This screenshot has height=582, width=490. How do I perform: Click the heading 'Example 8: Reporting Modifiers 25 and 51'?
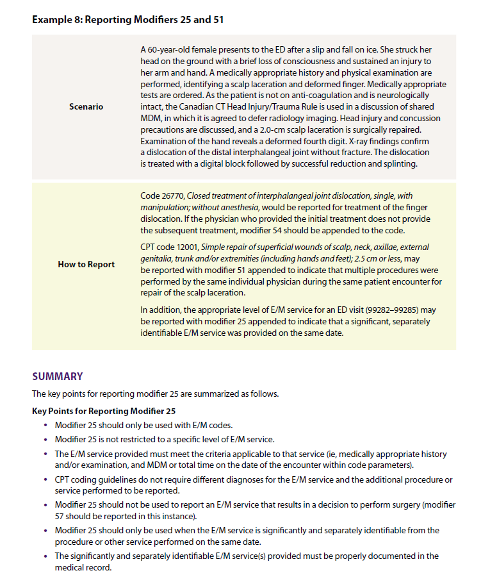pos(127,19)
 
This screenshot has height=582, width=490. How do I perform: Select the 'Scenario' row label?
pos(86,106)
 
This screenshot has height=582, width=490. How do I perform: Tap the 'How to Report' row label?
pos(86,264)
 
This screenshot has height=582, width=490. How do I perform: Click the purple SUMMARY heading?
pos(58,376)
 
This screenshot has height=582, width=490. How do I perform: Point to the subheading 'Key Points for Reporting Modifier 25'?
pos(104,410)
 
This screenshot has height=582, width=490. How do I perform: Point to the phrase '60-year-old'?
pos(169,49)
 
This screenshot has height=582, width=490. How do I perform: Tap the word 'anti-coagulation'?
pos(288,95)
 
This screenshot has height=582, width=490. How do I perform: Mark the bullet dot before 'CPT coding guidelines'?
pos(45,479)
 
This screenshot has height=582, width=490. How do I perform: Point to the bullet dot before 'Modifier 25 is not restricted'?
pos(45,440)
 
